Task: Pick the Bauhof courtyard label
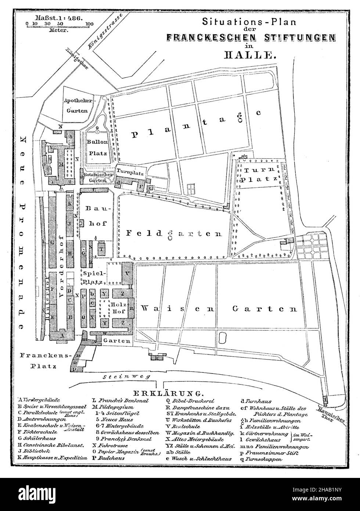94,213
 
